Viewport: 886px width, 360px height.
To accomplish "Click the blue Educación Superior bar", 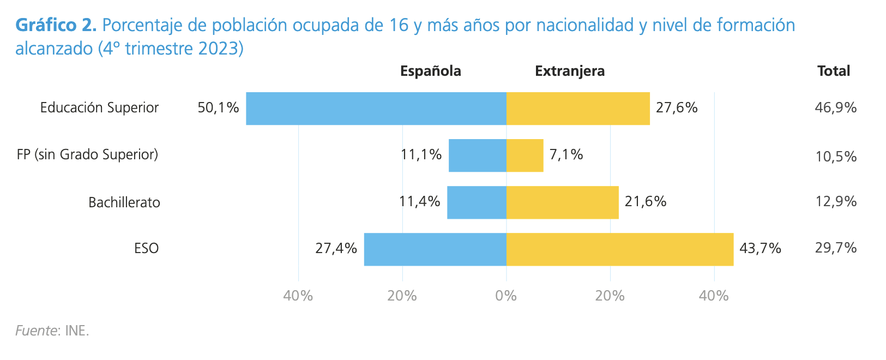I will tap(376, 109).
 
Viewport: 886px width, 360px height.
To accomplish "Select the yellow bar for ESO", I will tap(619, 249).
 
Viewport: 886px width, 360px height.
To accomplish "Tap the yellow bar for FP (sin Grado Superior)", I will tap(525, 155).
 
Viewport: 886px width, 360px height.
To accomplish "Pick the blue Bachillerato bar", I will tap(477, 202).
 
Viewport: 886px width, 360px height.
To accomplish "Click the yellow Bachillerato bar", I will tap(562, 202).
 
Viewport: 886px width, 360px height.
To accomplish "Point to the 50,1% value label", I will tap(218, 108).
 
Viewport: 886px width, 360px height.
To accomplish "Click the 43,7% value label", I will tap(760, 249).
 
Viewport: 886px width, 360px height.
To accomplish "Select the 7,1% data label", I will tap(566, 155).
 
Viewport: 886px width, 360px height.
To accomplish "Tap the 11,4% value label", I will tap(419, 202).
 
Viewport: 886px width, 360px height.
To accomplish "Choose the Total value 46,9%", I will tap(835, 108).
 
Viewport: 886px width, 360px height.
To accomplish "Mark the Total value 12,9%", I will tap(835, 202).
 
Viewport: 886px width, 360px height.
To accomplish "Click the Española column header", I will tap(430, 71).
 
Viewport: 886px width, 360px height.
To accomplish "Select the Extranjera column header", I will tap(569, 71).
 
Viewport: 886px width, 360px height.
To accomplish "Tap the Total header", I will tap(833, 71).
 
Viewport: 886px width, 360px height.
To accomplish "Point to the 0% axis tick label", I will tap(506, 296).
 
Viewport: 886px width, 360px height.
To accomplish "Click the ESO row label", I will tap(146, 249).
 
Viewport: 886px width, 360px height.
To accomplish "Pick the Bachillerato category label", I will tap(124, 203).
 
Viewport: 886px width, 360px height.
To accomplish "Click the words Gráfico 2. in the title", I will tap(56, 25).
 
